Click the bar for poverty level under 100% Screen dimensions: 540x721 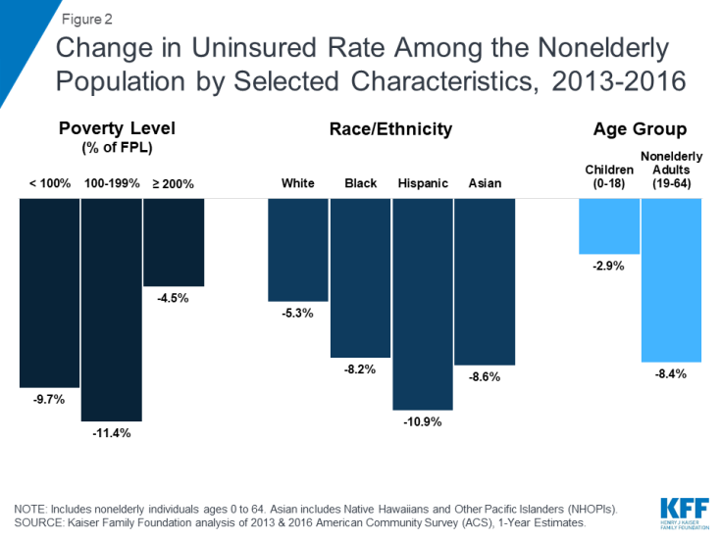tap(49, 293)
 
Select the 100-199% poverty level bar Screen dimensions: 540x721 tap(111, 309)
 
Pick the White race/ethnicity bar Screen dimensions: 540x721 tap(298, 249)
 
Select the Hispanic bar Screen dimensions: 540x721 tap(423, 304)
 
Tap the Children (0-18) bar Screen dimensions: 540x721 tap(609, 225)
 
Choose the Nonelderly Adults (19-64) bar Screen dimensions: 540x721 tap(672, 279)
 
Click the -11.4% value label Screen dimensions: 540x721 tap(111, 433)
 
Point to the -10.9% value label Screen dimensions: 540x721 tap(423, 422)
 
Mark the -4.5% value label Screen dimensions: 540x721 tap(174, 298)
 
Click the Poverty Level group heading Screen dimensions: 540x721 tap(111, 129)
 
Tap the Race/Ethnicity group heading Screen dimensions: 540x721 tap(389, 128)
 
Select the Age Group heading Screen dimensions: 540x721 tap(640, 129)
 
